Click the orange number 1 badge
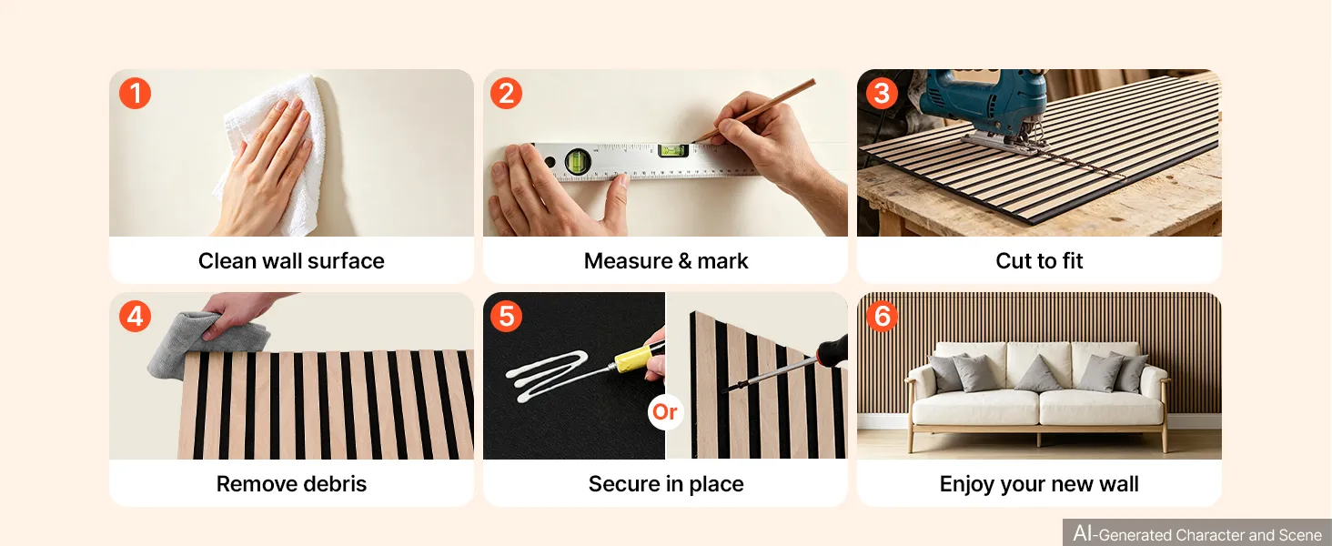[x=135, y=94]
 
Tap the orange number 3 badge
[x=882, y=94]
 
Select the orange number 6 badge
[x=882, y=317]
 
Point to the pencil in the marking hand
[x=754, y=110]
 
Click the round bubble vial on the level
[x=578, y=160]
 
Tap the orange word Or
[x=665, y=411]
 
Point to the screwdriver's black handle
[x=832, y=349]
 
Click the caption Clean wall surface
[x=291, y=260]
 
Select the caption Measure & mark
[x=666, y=260]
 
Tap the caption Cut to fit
[x=1039, y=260]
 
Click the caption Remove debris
[x=291, y=483]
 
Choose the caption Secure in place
[x=666, y=483]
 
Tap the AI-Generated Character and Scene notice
[x=1197, y=533]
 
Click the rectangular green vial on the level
[x=673, y=150]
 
